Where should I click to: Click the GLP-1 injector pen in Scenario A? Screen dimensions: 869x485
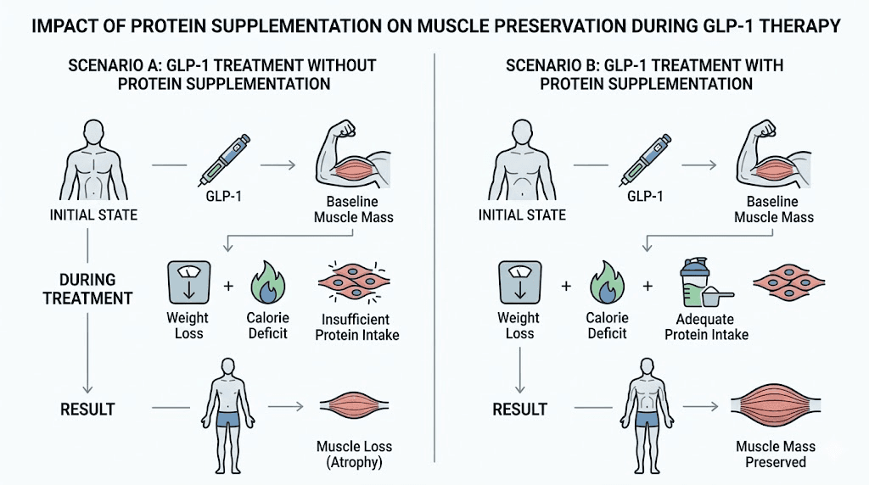[224, 160]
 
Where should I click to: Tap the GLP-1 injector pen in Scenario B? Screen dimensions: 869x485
[646, 160]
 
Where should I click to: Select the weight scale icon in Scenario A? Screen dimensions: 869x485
[189, 282]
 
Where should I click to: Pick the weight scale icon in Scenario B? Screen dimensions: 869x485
[520, 282]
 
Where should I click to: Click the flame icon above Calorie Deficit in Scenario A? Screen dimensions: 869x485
[268, 282]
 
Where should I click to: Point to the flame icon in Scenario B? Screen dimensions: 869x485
[608, 282]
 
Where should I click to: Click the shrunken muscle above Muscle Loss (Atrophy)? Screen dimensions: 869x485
[354, 406]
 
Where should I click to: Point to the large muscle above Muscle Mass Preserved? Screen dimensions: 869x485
[776, 406]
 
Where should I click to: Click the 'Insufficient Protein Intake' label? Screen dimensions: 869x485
[357, 327]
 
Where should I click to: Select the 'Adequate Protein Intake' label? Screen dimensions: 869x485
[707, 326]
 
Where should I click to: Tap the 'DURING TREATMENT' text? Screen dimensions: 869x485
[87, 289]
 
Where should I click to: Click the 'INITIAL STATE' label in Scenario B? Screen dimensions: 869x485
[522, 215]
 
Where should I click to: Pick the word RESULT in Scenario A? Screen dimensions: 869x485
[87, 410]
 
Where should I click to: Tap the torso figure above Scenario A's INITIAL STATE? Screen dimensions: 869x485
[93, 159]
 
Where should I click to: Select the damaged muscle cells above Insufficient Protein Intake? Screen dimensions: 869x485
[354, 282]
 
